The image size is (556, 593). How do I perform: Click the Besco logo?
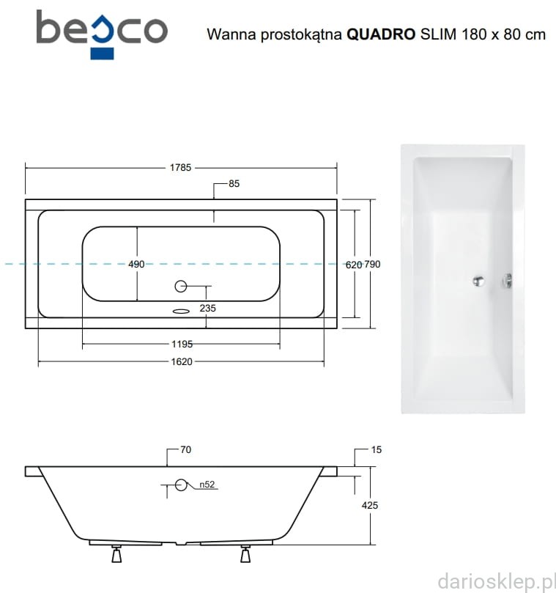(x=102, y=34)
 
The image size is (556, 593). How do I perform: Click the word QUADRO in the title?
(x=381, y=34)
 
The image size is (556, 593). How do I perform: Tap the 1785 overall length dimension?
(x=180, y=168)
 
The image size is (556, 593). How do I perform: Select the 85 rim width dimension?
(x=234, y=184)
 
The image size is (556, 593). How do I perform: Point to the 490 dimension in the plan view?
(x=136, y=264)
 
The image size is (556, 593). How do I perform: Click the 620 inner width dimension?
(x=354, y=265)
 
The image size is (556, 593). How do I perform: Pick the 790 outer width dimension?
(x=372, y=265)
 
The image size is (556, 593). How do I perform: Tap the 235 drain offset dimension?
(x=207, y=308)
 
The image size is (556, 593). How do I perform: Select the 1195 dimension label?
(x=182, y=345)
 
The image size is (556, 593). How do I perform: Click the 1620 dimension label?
(x=182, y=361)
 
